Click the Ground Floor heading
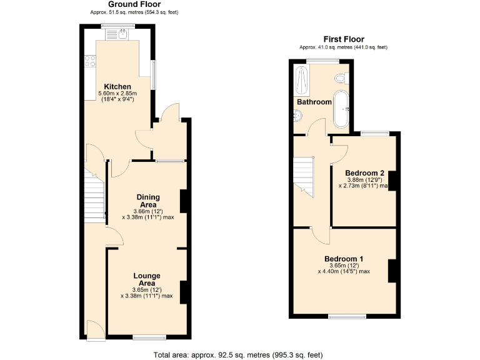(x=125, y=4)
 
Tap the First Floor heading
(x=343, y=39)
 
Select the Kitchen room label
(x=117, y=86)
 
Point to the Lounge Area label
(x=146, y=279)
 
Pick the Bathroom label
(x=314, y=102)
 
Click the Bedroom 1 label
(x=344, y=259)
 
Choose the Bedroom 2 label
(x=364, y=173)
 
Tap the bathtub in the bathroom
(x=342, y=107)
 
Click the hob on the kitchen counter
(x=88, y=61)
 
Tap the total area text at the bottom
(x=238, y=355)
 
